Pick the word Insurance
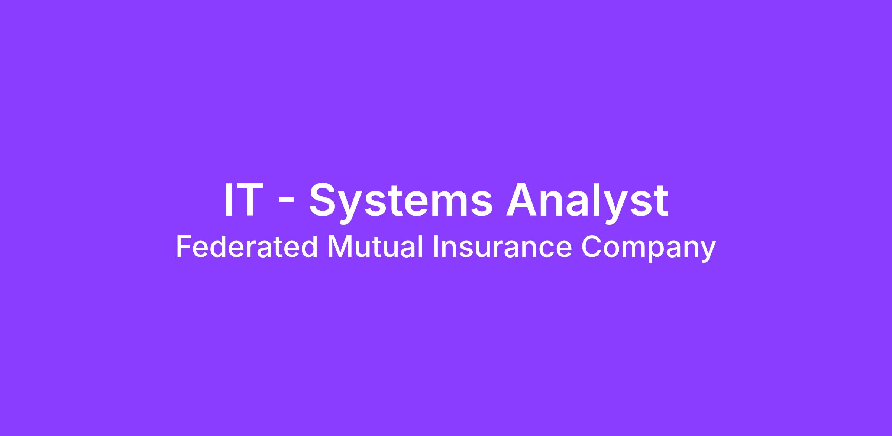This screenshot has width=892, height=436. pos(502,247)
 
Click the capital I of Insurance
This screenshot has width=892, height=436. pos(436,247)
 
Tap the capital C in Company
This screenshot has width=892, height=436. pos(592,247)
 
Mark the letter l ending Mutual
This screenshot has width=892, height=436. pos(421,246)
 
